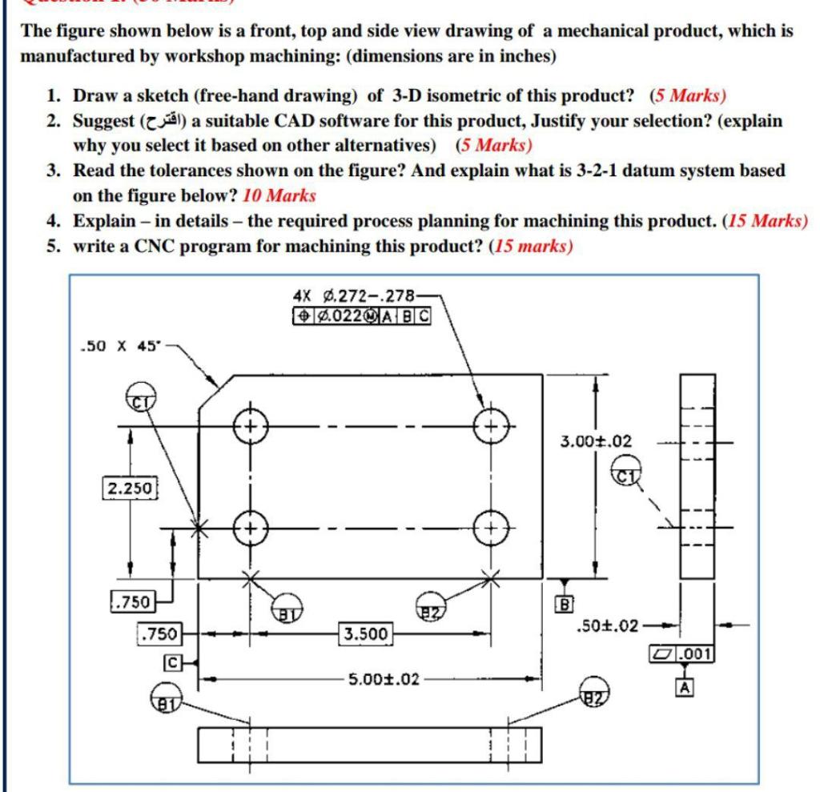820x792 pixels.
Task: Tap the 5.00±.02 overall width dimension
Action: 384,679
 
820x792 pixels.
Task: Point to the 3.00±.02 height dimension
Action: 596,441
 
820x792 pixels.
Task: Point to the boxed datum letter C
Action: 171,662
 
